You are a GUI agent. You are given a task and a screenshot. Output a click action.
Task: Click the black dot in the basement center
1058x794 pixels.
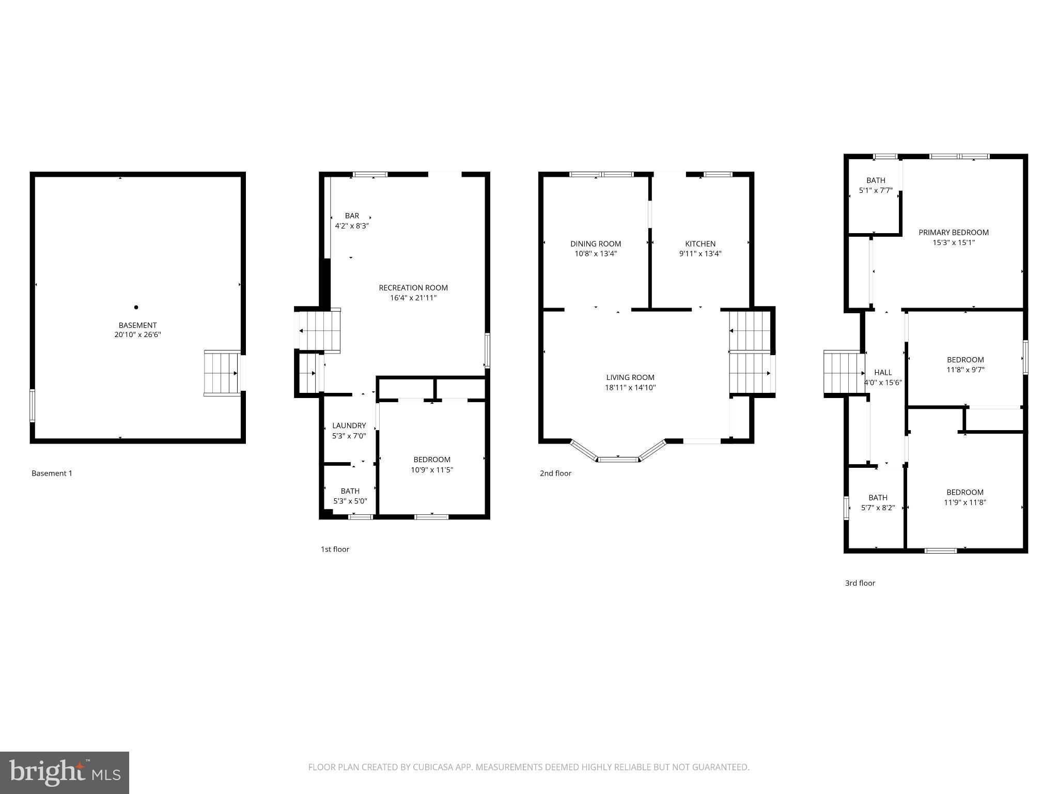tap(136, 308)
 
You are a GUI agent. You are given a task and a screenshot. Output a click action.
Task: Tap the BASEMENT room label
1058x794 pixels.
tap(137, 325)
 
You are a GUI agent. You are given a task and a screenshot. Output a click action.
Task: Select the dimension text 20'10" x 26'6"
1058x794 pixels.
tap(137, 335)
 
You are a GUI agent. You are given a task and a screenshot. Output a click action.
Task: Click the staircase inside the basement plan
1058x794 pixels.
tap(221, 373)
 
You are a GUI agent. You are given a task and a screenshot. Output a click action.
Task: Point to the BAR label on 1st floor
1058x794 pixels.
tap(352, 216)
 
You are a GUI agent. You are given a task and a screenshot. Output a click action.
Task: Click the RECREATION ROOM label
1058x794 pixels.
tap(413, 288)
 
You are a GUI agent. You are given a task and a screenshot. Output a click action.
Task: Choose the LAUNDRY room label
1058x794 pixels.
tap(349, 426)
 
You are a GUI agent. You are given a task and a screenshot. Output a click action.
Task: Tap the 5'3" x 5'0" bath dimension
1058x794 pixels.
tap(350, 501)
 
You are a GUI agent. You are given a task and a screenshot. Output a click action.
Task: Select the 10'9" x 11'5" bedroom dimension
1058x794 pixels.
tap(432, 470)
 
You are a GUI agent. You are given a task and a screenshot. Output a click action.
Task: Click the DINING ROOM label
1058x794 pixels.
tap(596, 244)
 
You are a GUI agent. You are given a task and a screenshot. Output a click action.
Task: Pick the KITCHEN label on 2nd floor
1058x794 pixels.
tap(700, 244)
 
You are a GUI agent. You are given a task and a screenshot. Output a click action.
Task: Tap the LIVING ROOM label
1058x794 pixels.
tap(630, 378)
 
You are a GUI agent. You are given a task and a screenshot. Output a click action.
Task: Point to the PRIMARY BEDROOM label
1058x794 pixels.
tap(954, 233)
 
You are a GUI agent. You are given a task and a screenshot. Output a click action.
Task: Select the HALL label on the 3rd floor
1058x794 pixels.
tap(883, 372)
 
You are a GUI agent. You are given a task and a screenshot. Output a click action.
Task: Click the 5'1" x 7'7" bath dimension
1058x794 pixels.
tap(876, 190)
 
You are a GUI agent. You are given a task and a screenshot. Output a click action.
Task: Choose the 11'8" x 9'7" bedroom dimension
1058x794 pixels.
tap(965, 370)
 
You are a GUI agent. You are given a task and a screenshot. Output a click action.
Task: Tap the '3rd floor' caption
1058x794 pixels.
tap(860, 583)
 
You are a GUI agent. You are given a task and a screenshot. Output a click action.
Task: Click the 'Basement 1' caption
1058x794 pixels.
tap(52, 474)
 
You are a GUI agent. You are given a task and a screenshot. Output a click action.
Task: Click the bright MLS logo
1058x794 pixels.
tap(65, 773)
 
